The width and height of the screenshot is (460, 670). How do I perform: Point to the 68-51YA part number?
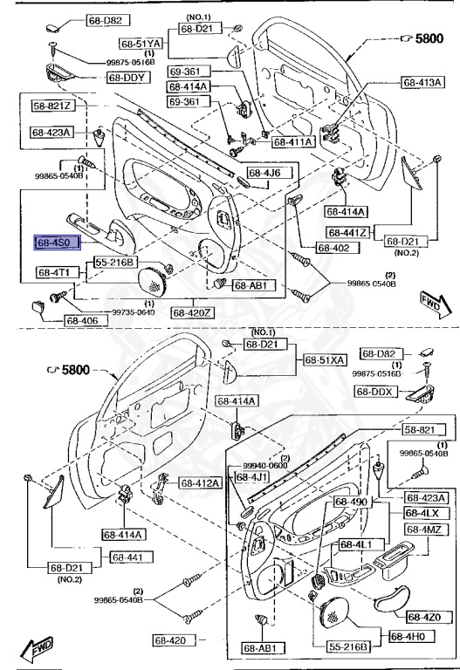[141, 43]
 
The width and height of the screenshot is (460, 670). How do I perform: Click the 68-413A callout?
[422, 84]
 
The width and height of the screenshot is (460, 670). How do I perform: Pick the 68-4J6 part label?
[264, 173]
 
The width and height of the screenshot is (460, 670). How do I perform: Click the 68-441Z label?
[348, 233]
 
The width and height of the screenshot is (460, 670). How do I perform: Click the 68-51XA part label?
[325, 359]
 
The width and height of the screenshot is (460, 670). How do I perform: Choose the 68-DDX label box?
[376, 393]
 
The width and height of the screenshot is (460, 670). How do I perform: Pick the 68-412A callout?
[201, 482]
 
